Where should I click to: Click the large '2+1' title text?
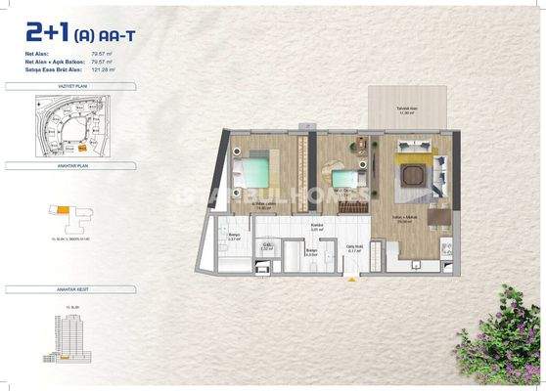(x=47, y=34)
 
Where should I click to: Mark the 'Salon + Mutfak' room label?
(x=403, y=218)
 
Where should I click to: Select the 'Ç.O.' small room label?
(x=267, y=246)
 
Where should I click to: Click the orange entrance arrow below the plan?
(x=364, y=275)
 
